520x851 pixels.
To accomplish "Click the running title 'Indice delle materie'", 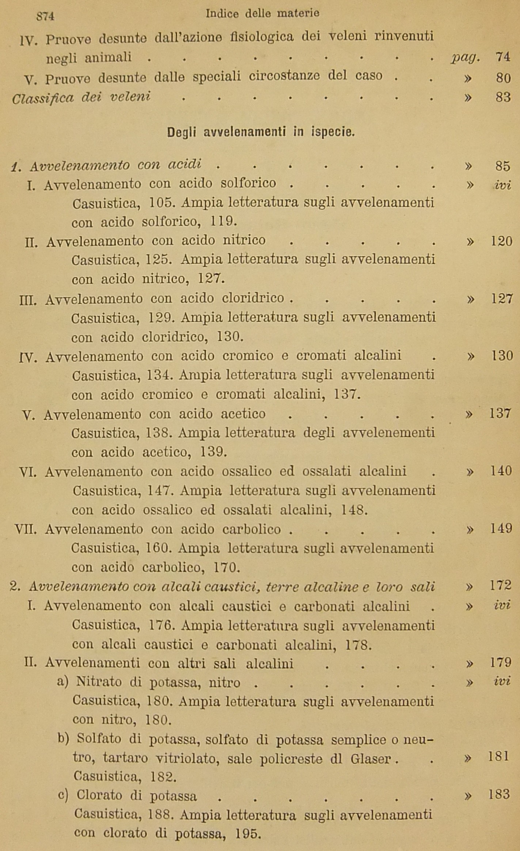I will (262, 14).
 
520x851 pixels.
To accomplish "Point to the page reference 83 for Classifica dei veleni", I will (503, 98).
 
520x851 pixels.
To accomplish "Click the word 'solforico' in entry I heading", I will (248, 183).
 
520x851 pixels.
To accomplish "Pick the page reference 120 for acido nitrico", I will (501, 241).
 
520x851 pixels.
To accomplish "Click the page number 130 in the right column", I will (501, 356).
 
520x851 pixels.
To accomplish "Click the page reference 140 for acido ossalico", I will (501, 471).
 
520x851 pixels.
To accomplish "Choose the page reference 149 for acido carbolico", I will (501, 529).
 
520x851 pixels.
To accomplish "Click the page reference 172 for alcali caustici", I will (501, 586).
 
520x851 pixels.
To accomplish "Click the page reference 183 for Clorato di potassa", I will (499, 794).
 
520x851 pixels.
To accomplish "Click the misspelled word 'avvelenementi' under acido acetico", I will (389, 433).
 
